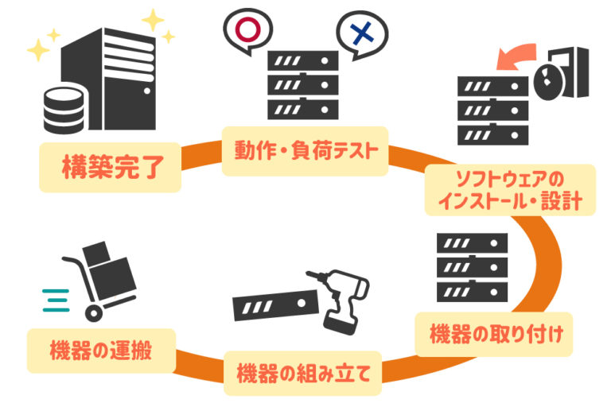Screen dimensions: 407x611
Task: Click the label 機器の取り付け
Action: click(x=496, y=334)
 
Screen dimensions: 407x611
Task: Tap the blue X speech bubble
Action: click(x=362, y=34)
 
